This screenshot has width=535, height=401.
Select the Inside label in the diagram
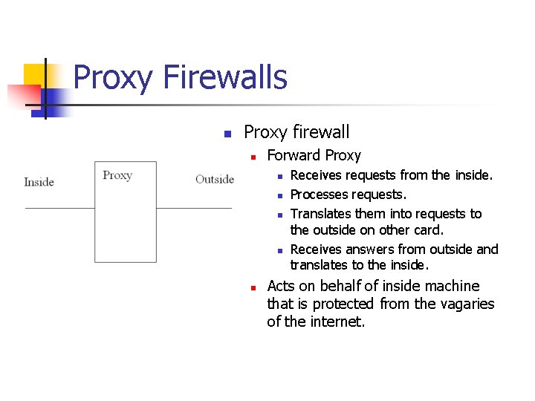(39, 182)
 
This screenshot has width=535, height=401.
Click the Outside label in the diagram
(214, 179)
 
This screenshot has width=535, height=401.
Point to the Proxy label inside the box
(117, 175)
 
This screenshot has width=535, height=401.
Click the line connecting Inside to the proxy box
(59, 208)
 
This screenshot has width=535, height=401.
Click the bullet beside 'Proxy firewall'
(228, 134)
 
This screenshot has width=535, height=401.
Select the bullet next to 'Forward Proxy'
(253, 157)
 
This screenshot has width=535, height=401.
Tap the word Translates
(320, 213)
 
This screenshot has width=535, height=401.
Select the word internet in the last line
(335, 322)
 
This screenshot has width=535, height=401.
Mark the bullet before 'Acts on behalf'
(253, 287)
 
